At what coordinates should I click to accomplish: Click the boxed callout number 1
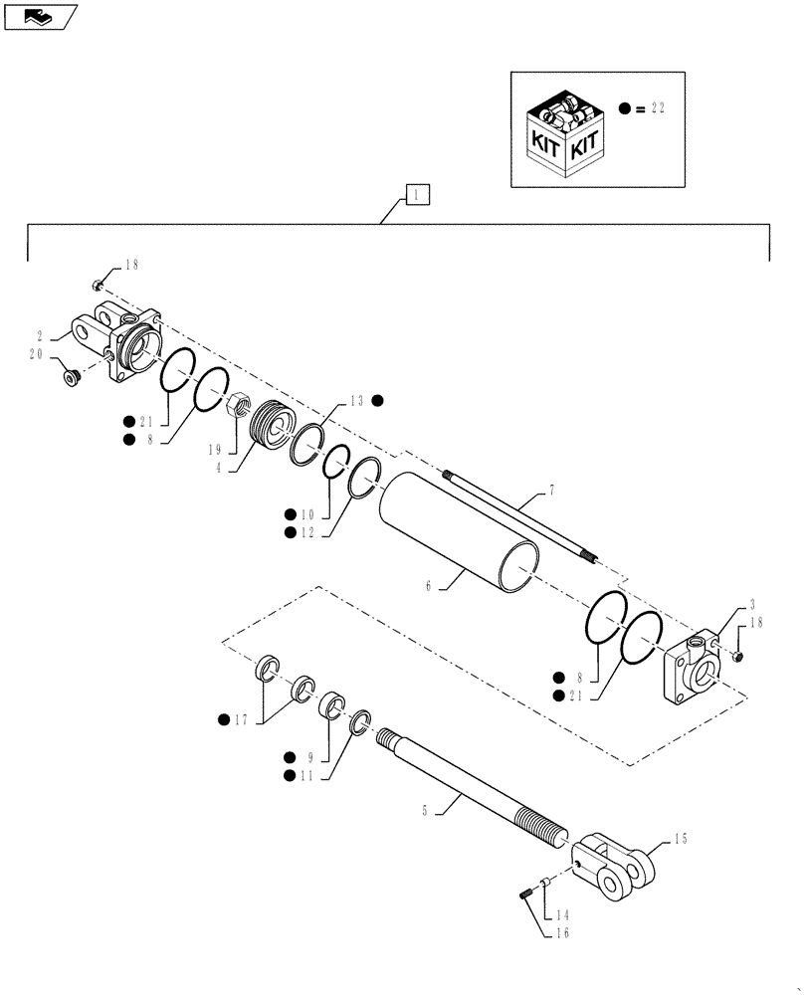tap(417, 195)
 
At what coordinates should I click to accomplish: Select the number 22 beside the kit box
tap(656, 107)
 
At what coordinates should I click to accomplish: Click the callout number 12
tap(309, 533)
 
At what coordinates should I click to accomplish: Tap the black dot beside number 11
tap(289, 775)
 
